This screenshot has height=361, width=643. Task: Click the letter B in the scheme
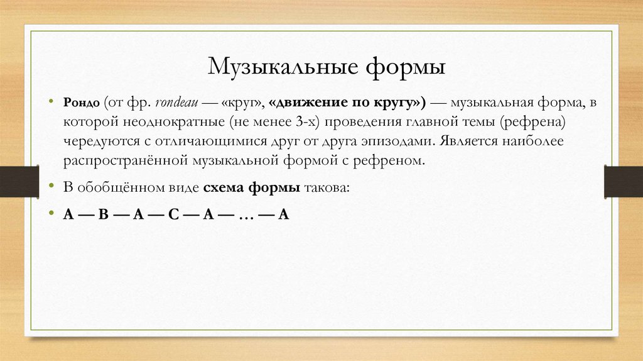point(104,214)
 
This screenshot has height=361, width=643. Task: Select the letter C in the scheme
point(174,214)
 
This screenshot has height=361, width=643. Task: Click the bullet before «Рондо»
point(51,102)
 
